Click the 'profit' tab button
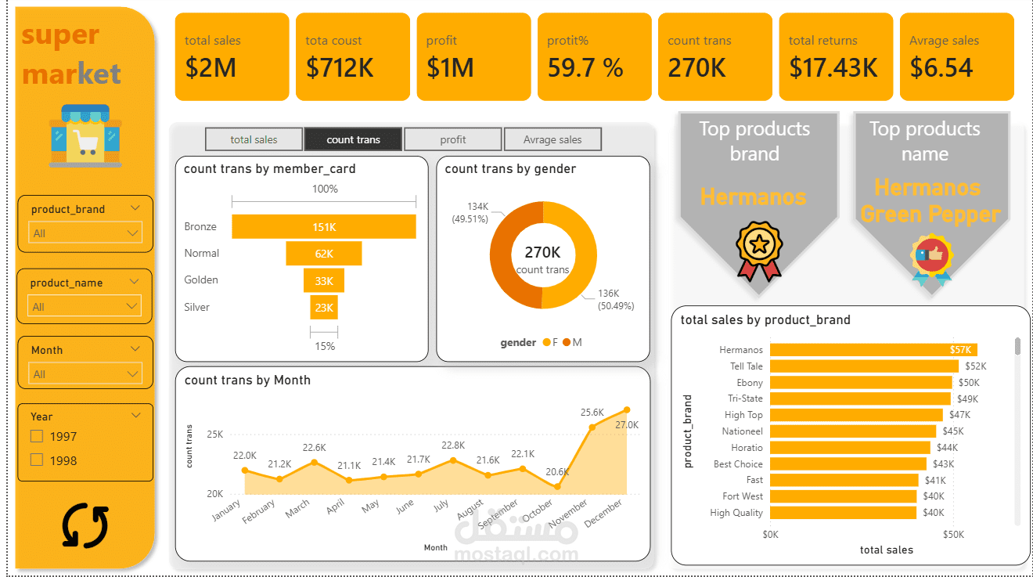pos(452,139)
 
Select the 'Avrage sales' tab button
pos(552,139)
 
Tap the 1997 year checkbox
pos(37,436)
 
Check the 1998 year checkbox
pos(37,460)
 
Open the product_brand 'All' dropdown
pos(85,233)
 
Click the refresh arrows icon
pos(85,525)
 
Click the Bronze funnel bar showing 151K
pos(324,226)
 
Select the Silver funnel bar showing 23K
pos(324,308)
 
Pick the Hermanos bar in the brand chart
pos(873,350)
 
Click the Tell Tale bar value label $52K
pos(975,366)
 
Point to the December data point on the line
pos(627,409)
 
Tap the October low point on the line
pos(557,487)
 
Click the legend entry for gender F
pos(551,342)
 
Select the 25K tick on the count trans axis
pos(215,434)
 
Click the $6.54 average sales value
pos(941,68)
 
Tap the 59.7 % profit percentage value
pos(585,68)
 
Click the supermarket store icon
pos(85,135)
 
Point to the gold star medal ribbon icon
pos(758,251)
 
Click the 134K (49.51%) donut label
pos(470,213)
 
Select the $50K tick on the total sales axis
pos(953,534)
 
